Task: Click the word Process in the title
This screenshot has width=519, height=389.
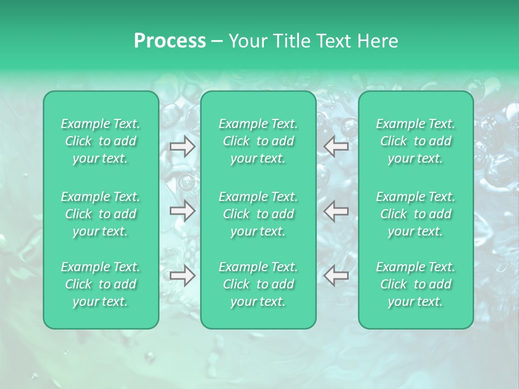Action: [x=170, y=41]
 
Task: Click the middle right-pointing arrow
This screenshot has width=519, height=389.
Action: [x=182, y=211]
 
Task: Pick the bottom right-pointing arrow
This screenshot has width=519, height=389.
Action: [x=182, y=276]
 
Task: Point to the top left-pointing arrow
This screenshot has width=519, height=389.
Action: [x=336, y=146]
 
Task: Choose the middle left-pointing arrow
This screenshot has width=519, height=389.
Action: [x=336, y=211]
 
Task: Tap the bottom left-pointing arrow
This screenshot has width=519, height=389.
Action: [x=336, y=276]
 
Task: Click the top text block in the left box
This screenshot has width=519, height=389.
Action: [x=101, y=141]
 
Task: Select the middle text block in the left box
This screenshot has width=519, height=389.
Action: [x=101, y=214]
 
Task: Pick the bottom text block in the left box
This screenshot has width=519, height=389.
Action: [x=101, y=284]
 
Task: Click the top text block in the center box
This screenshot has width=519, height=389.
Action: [x=258, y=141]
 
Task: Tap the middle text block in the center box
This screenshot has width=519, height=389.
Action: [x=258, y=214]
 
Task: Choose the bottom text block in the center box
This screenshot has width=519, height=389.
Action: [x=258, y=284]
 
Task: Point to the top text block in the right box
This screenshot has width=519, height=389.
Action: [x=416, y=141]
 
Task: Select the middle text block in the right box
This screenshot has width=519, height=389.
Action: [x=416, y=214]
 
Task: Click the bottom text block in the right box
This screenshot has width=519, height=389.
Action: [x=416, y=284]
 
